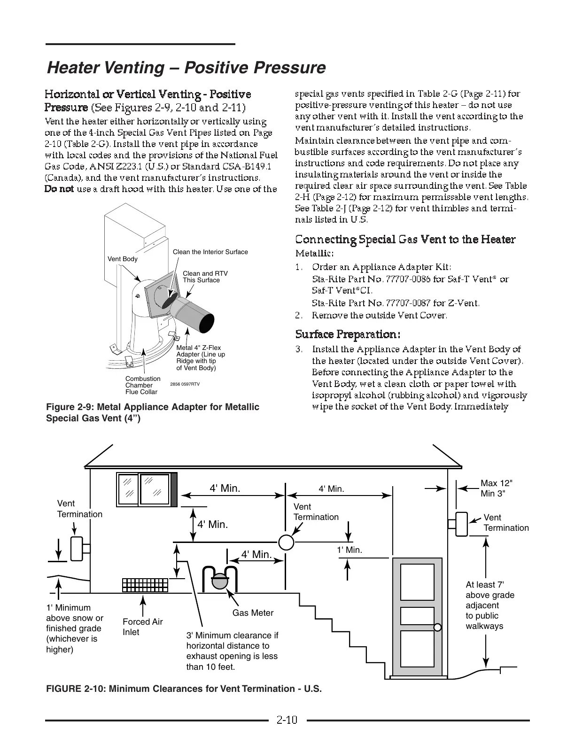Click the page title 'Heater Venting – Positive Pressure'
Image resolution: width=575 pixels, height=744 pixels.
click(186, 68)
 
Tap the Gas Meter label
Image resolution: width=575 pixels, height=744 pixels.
click(253, 612)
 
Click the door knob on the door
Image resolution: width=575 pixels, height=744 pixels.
click(437, 627)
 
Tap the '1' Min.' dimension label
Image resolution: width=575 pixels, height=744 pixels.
click(350, 550)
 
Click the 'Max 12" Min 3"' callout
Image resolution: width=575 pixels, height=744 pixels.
click(497, 488)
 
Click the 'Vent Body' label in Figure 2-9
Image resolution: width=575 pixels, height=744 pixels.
click(123, 259)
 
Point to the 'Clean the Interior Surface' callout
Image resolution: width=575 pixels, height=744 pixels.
click(210, 252)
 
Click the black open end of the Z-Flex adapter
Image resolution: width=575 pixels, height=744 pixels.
click(206, 324)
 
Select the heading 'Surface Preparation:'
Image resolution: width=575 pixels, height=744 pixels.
click(348, 334)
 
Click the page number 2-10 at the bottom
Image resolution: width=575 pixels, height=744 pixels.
click(287, 720)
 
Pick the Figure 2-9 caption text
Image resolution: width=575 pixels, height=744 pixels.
click(153, 412)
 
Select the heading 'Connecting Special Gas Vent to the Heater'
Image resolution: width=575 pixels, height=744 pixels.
click(405, 240)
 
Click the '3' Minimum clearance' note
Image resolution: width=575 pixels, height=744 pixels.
click(232, 651)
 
